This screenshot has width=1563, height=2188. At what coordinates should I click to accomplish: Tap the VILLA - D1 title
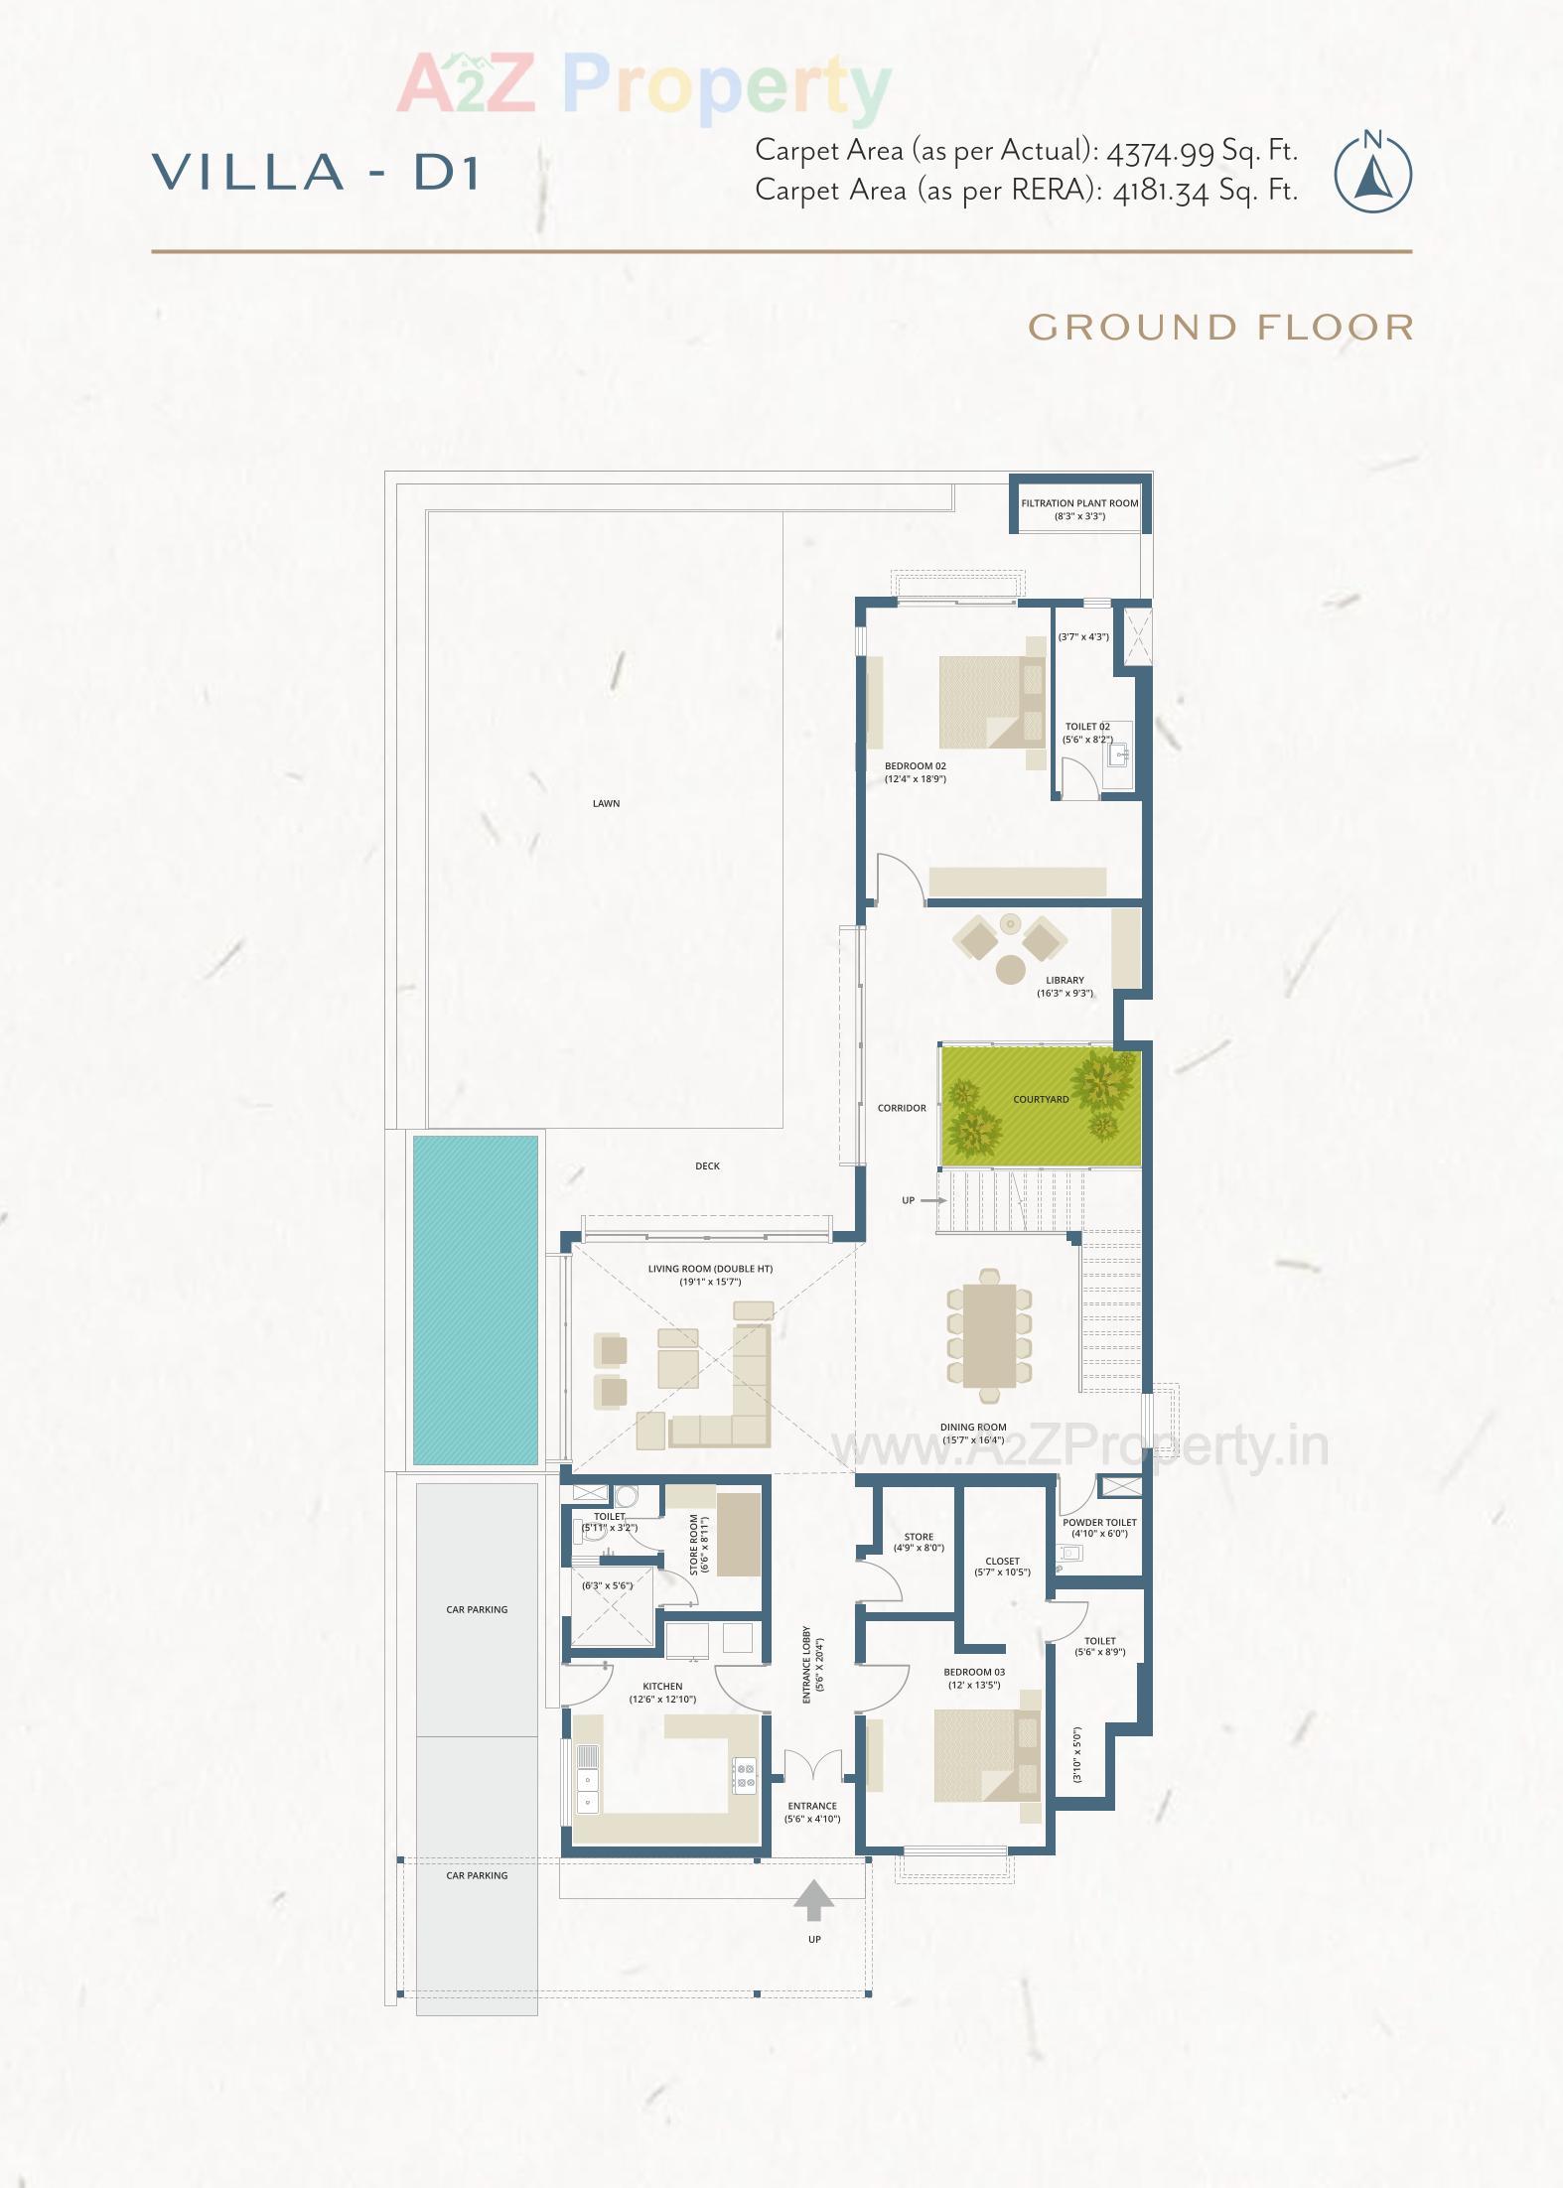click(317, 173)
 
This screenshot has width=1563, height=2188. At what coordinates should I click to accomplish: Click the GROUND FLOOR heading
click(1220, 328)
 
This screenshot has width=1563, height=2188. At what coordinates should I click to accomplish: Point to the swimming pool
click(475, 1299)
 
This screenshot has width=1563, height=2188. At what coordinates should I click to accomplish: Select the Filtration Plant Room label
click(1079, 503)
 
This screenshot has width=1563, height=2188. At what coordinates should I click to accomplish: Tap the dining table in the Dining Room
click(988, 1335)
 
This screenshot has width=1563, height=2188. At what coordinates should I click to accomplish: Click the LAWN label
click(606, 803)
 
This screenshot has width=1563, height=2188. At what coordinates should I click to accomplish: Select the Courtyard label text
click(1041, 1099)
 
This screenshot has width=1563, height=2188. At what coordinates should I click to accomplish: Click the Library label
click(1065, 980)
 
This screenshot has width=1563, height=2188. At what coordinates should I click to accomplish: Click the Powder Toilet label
click(1099, 1522)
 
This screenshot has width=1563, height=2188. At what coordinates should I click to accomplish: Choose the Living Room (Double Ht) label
click(710, 1269)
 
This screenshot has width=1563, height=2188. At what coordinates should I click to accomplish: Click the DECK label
click(707, 1165)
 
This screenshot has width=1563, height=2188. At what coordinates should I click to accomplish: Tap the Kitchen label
click(662, 1686)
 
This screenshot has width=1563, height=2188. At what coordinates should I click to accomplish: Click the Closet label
click(1002, 1561)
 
